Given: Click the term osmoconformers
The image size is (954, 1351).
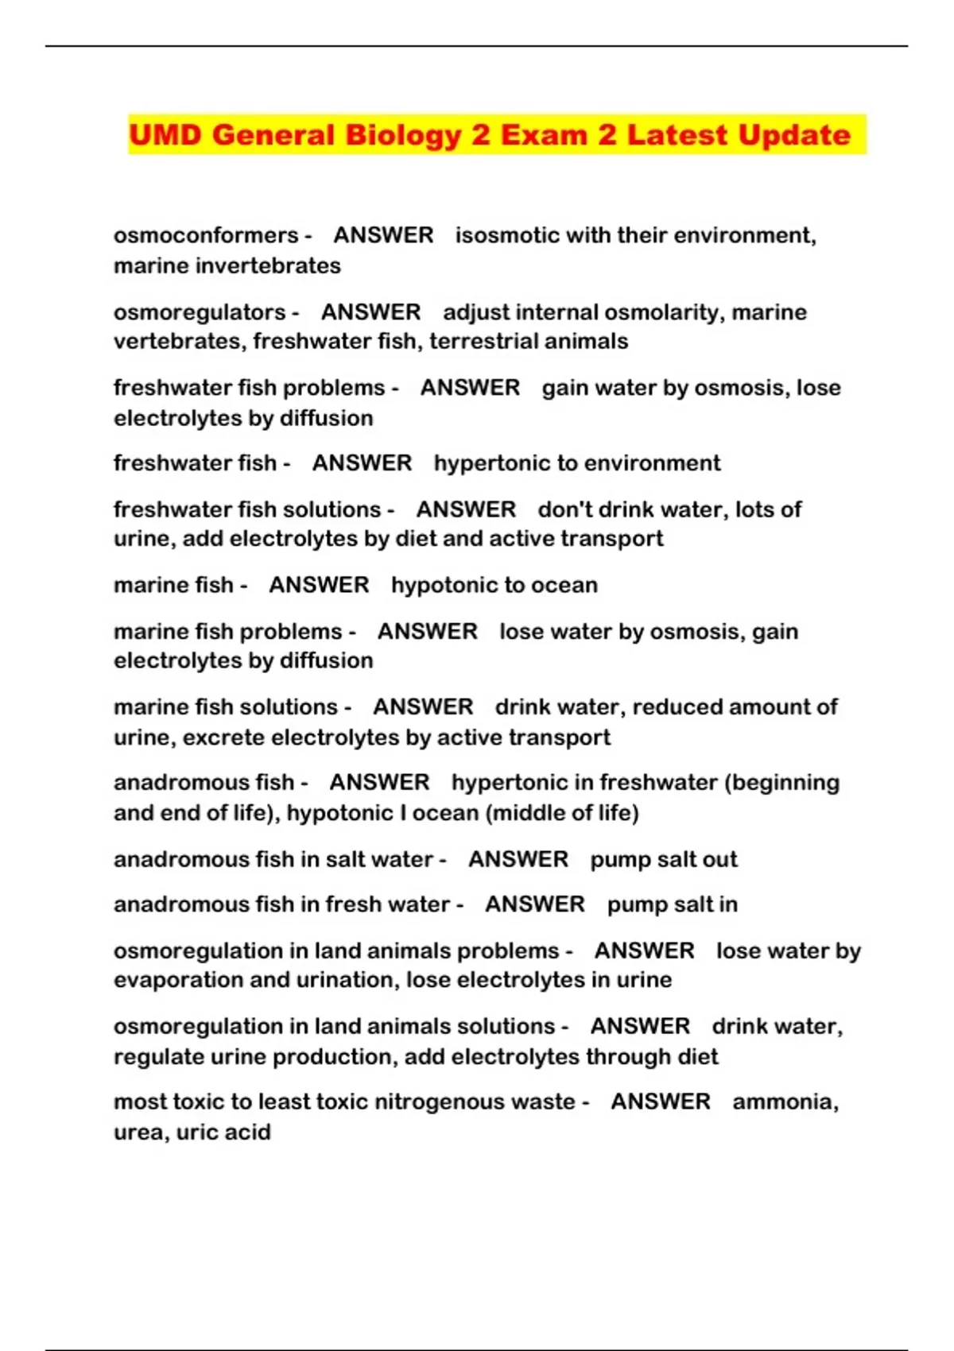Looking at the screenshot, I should pyautogui.click(x=206, y=235).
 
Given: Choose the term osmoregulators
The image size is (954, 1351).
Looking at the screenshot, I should pyautogui.click(x=200, y=312).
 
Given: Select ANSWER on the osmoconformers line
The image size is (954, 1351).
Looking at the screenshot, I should pyautogui.click(x=383, y=235).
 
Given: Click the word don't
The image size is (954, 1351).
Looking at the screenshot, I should pyautogui.click(x=565, y=509).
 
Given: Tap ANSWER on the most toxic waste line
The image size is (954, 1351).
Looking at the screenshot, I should pyautogui.click(x=661, y=1101).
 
